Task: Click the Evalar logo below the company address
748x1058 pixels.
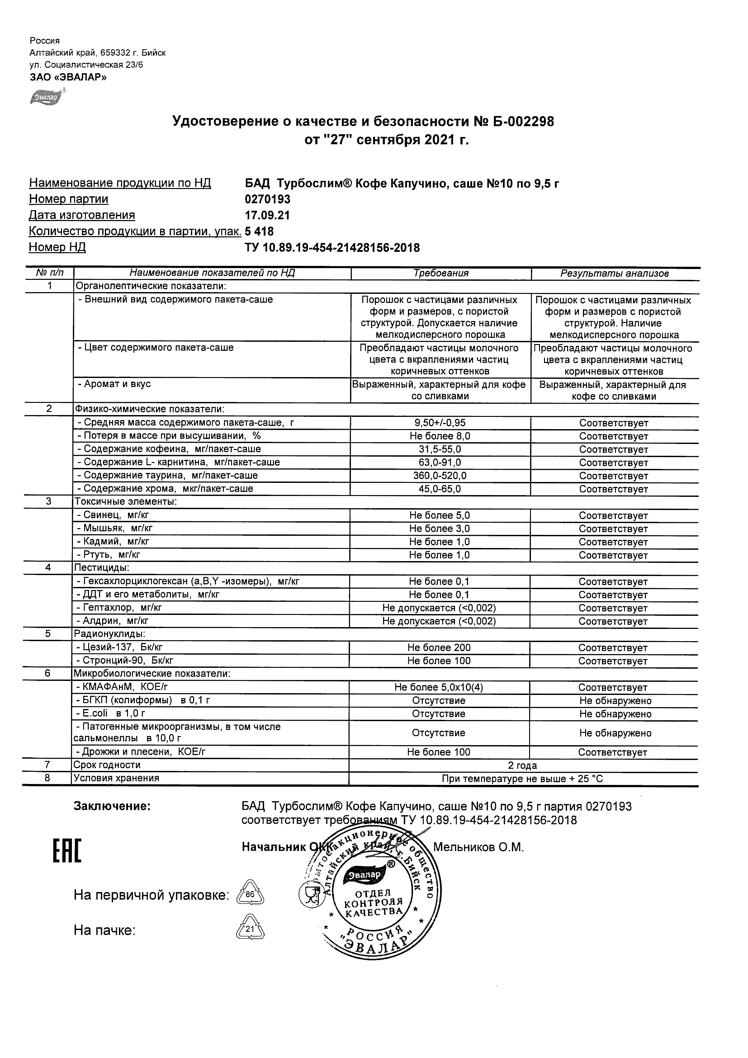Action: coord(46,97)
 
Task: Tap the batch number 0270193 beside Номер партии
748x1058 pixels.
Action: coord(268,199)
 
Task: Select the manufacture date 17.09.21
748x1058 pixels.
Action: coord(267,216)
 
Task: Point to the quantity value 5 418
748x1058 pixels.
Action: coord(259,231)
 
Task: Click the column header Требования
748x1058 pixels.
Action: coord(440,273)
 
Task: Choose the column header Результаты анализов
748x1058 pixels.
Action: coord(614,274)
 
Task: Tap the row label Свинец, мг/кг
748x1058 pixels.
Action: coord(113,515)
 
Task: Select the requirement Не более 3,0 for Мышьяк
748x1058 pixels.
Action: coord(439,529)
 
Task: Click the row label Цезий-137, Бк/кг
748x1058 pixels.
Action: coord(119,647)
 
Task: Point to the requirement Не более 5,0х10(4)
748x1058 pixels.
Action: coord(439,688)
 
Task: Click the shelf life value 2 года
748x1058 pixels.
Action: coord(522,766)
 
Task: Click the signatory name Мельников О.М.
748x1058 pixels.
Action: coord(478,847)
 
